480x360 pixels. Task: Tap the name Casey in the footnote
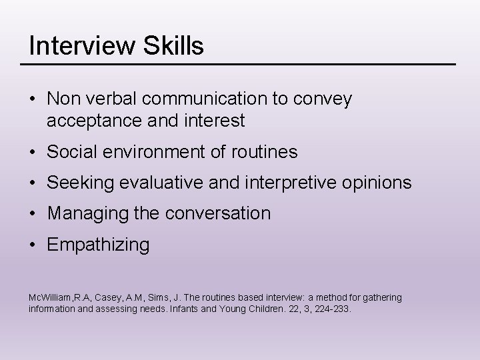coord(110,297)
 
